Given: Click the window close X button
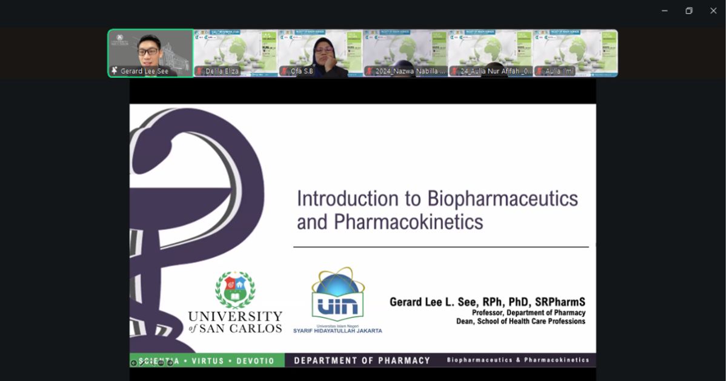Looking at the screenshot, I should pos(713,11).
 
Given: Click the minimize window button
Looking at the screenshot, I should pos(665,11).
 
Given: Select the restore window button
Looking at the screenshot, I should pos(689,11).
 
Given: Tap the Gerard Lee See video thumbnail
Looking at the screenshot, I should pos(151,53).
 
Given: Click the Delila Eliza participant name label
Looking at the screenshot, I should pos(222,72).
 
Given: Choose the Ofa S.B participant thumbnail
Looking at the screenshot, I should pos(320,53).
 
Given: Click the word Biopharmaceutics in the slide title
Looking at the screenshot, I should pos(502,199).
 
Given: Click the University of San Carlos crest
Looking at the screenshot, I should pos(235,290).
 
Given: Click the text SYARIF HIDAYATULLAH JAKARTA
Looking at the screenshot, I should pos(337,331).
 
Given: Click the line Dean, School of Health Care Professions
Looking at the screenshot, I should pos(520,322).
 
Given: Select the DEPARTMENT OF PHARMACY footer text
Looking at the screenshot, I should pos(362,360).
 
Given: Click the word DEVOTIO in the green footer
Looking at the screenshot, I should pos(254,361).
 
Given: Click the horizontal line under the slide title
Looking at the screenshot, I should pos(440,247).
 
